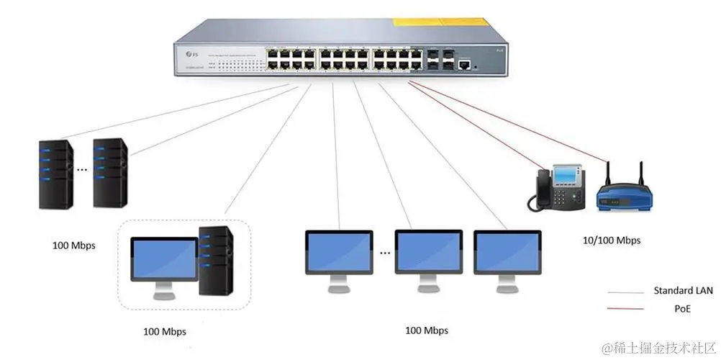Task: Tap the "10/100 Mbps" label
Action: coord(610,240)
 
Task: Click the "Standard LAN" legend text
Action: coord(683,291)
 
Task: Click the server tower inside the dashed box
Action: coord(217,261)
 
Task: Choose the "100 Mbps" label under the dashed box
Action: coord(164,332)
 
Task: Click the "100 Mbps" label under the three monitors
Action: coord(426,330)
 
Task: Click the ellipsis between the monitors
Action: coord(385,253)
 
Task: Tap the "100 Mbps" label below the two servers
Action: coord(73,246)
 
